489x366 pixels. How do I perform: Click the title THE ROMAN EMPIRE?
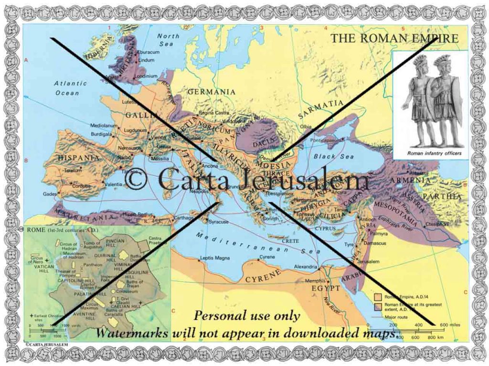(x=395, y=38)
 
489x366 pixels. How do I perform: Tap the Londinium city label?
(x=146, y=76)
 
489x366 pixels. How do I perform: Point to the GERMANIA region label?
(x=211, y=91)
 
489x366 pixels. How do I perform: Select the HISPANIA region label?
(x=79, y=157)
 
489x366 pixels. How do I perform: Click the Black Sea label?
(x=334, y=156)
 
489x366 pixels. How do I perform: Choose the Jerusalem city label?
(x=368, y=261)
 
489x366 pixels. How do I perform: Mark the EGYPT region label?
(x=326, y=288)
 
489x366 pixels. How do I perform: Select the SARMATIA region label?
(x=320, y=109)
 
